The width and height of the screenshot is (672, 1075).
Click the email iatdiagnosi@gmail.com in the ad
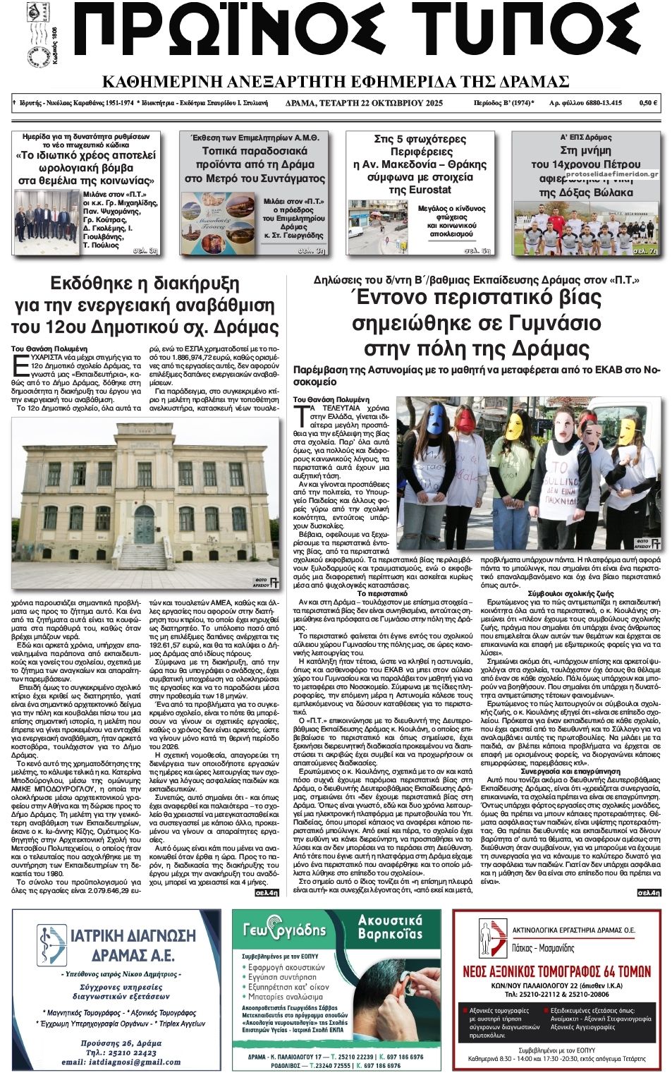click(121, 1062)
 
